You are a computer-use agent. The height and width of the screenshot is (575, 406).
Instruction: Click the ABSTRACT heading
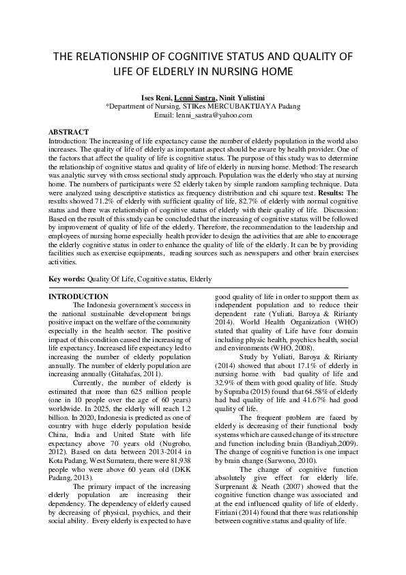[x=69, y=131]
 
